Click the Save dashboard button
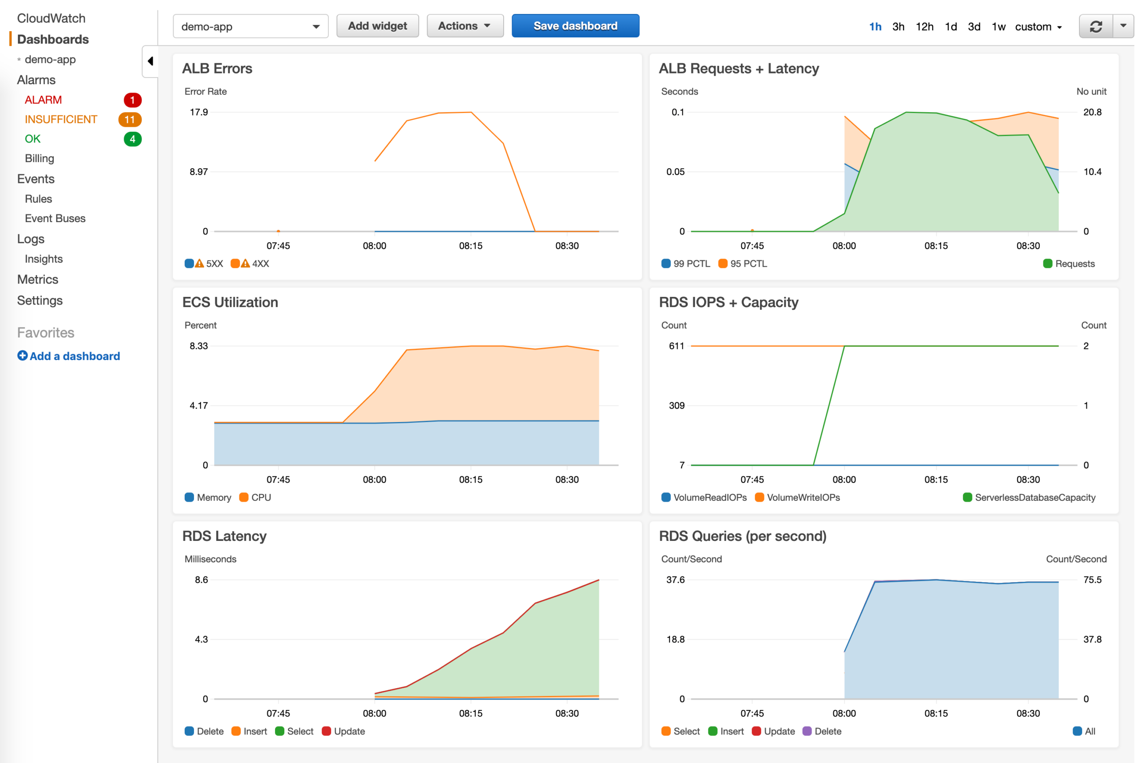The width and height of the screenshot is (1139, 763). tap(575, 26)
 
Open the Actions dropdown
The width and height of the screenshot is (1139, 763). tap(464, 26)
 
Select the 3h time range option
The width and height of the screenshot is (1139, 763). tap(898, 27)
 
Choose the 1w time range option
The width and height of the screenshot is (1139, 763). tap(998, 27)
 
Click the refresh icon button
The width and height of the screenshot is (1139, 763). tap(1096, 26)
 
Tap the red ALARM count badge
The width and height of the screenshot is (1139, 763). tap(132, 100)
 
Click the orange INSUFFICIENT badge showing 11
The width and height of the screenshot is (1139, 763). tap(130, 120)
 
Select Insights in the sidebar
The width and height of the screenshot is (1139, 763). tap(44, 259)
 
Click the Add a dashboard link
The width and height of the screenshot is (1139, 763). tap(69, 356)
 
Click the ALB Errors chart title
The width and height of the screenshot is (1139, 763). tap(217, 69)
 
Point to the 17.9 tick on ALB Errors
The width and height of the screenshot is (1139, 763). tap(198, 113)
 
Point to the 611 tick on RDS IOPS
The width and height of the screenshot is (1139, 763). tap(676, 346)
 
